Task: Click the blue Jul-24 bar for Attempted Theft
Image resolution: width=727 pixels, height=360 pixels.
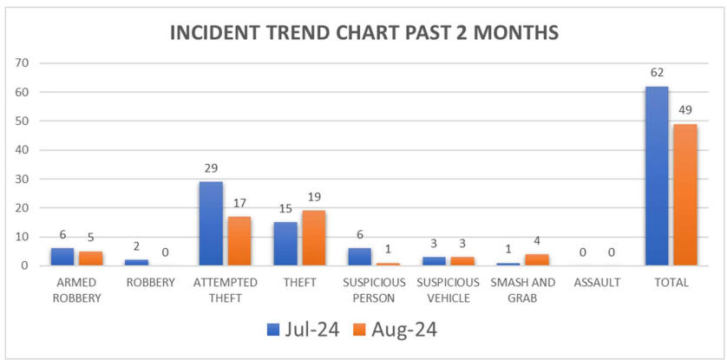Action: click(211, 223)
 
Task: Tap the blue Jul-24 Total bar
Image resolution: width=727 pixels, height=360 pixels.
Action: click(657, 176)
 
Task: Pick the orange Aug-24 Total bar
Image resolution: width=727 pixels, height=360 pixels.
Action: click(684, 194)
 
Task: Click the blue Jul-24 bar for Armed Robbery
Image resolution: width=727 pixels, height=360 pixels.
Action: click(62, 257)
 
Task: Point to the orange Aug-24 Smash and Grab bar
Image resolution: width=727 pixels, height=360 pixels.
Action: click(535, 259)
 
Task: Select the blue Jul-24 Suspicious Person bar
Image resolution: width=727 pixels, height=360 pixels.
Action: click(359, 257)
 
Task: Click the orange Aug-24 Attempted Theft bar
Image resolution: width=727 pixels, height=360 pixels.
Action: click(239, 240)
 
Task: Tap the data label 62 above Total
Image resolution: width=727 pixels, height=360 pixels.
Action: click(657, 72)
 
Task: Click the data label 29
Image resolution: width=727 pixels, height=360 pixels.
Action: click(211, 167)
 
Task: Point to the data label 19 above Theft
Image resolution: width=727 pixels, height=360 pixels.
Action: click(312, 197)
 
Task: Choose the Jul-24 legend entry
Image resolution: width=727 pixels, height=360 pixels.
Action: click(299, 330)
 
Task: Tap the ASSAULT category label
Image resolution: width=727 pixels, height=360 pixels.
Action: click(597, 283)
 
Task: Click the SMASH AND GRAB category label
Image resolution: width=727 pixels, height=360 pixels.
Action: click(522, 290)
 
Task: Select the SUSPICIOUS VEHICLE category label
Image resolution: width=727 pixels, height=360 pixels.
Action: click(448, 290)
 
